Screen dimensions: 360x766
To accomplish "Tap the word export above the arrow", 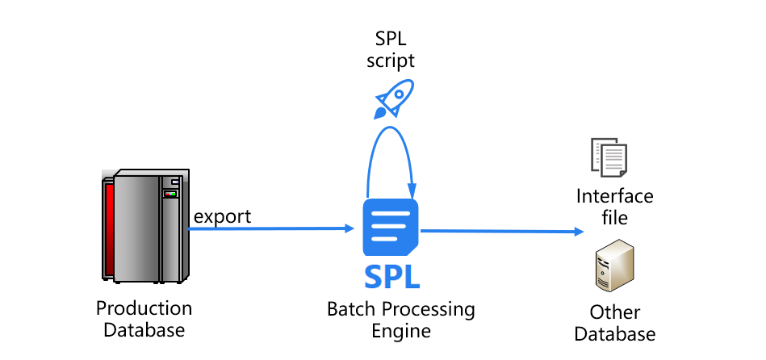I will (x=222, y=216).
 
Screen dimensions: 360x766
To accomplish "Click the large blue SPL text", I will (x=391, y=276).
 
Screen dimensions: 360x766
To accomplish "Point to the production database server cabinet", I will (x=145, y=226).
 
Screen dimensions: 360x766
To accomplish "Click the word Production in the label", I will (x=144, y=308).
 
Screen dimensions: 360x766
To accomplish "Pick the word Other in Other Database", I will (x=614, y=312).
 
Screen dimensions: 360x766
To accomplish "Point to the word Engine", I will (x=400, y=331).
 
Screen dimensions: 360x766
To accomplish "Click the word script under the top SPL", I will (x=391, y=61).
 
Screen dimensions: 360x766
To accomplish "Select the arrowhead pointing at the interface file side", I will (x=579, y=232).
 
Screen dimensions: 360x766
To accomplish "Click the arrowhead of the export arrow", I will (x=350, y=228).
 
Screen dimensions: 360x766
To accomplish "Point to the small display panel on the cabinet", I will (x=170, y=194).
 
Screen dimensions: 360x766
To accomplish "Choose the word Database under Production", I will (x=144, y=330).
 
